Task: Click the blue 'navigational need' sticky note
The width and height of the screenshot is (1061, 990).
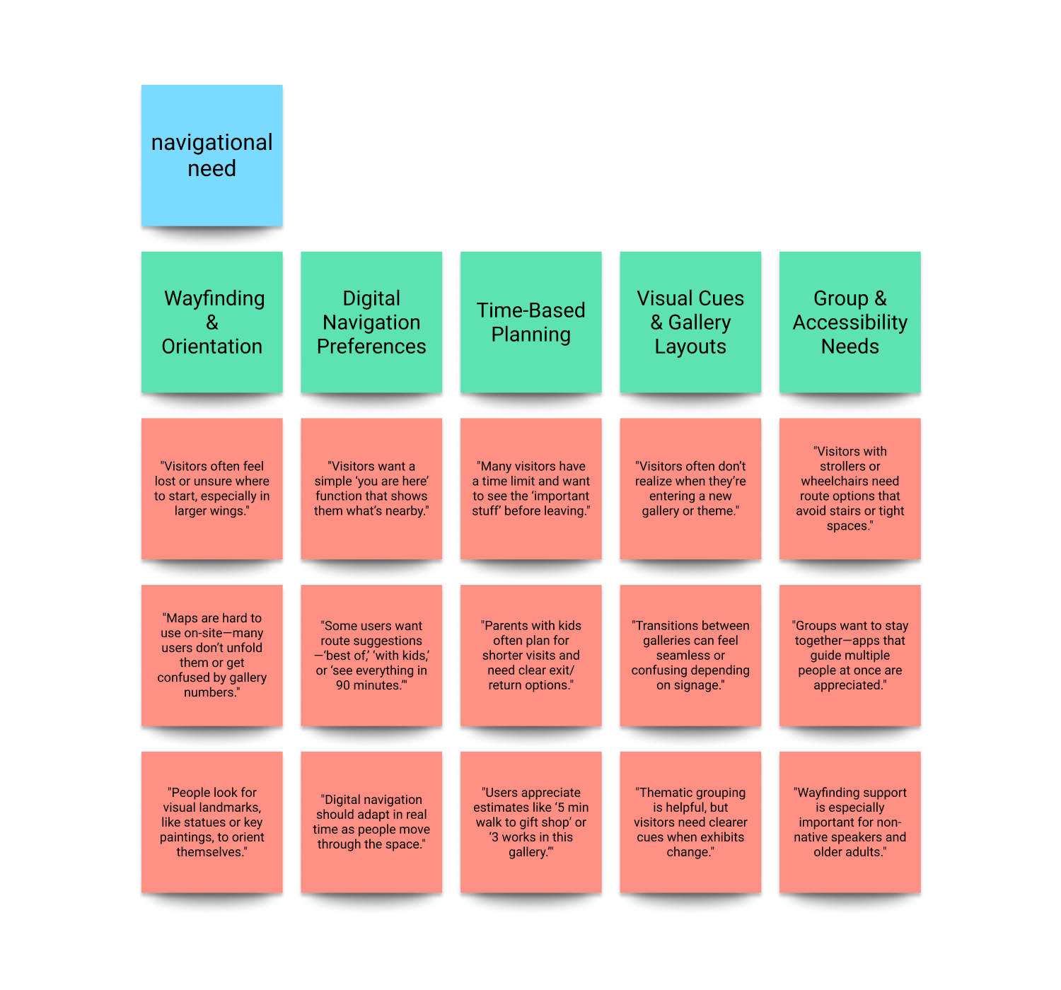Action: click(211, 155)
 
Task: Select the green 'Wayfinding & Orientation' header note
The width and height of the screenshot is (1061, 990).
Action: click(211, 322)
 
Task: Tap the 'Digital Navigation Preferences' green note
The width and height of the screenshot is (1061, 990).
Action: click(371, 322)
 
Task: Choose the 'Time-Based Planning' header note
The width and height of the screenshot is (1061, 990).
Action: click(530, 322)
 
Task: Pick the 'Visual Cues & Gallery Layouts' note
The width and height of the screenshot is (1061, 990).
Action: click(690, 322)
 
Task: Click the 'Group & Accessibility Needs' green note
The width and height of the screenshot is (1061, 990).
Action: click(850, 322)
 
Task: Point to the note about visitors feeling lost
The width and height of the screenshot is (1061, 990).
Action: click(211, 489)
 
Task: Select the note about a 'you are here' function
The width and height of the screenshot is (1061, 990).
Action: click(371, 489)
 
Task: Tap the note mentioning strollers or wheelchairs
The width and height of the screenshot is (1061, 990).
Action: click(850, 489)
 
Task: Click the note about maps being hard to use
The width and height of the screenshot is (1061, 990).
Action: click(211, 655)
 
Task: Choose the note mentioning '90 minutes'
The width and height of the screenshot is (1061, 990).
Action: click(371, 655)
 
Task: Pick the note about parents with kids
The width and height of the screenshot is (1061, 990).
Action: click(530, 655)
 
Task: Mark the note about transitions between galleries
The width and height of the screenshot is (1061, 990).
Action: click(690, 655)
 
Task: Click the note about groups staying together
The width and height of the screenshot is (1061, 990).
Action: click(850, 655)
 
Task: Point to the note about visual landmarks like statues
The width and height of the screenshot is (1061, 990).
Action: click(211, 822)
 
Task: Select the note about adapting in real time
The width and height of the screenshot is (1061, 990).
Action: click(371, 822)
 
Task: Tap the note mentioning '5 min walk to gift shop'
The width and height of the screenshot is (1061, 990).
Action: click(530, 822)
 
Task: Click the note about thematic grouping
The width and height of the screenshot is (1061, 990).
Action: click(690, 822)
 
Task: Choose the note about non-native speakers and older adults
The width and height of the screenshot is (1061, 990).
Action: click(850, 822)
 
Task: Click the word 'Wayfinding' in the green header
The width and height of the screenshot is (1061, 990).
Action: click(214, 298)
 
